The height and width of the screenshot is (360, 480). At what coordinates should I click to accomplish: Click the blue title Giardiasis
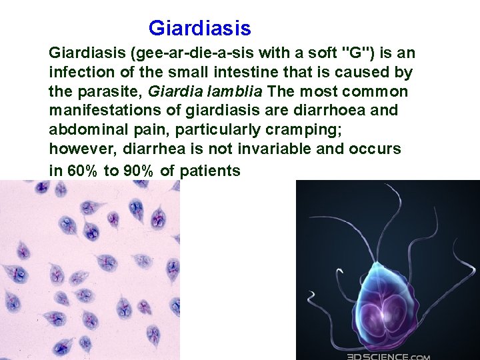tap(199, 29)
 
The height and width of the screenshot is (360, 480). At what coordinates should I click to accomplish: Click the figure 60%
tap(81, 171)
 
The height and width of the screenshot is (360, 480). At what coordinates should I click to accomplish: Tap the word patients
tap(211, 171)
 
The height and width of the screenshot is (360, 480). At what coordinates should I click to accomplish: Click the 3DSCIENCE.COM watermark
tap(388, 355)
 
